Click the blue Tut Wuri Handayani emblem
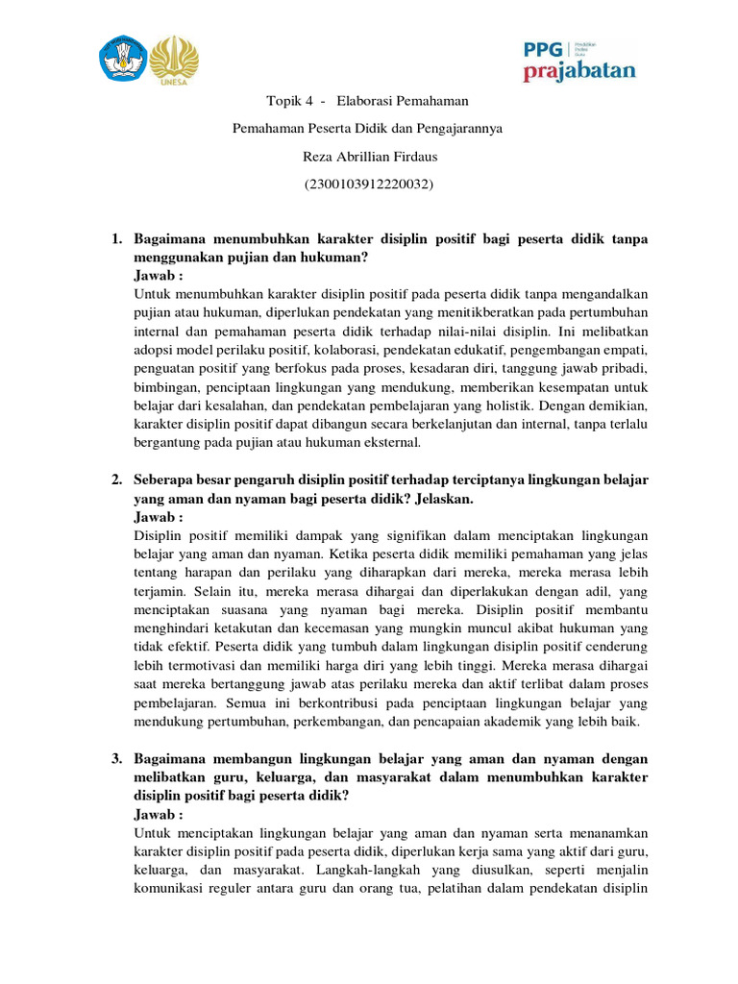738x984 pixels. coord(123,59)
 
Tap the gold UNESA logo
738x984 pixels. coord(175,60)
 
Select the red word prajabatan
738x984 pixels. coord(578,72)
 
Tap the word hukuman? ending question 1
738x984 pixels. coord(338,258)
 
